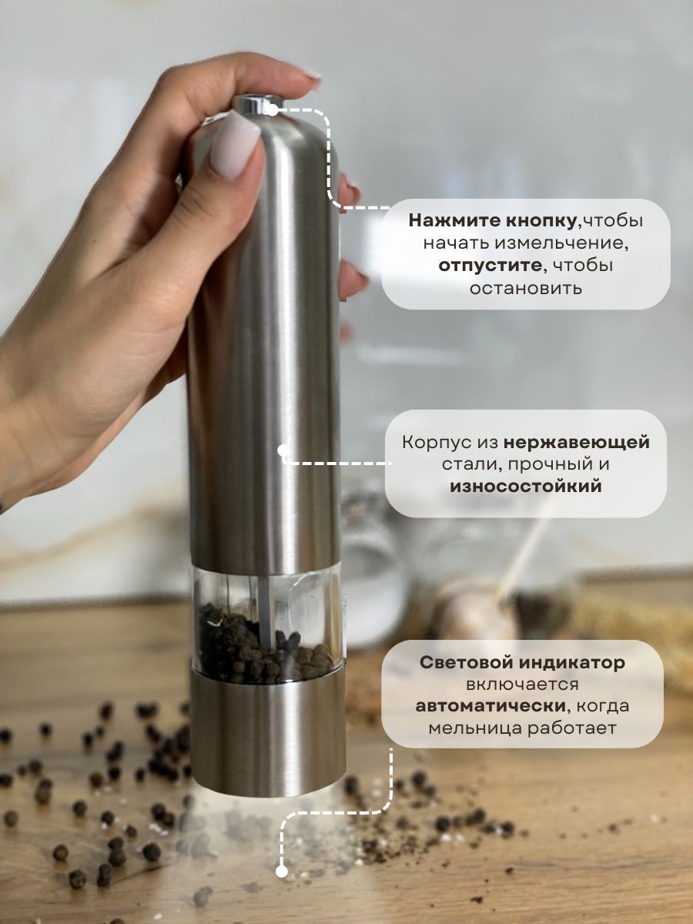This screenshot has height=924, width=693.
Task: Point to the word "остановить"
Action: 525,288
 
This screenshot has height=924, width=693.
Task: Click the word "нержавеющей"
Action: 577,443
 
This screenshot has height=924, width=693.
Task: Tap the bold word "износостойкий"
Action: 525,487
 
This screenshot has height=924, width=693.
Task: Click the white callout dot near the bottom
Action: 282,871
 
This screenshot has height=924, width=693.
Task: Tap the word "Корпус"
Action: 448,443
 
